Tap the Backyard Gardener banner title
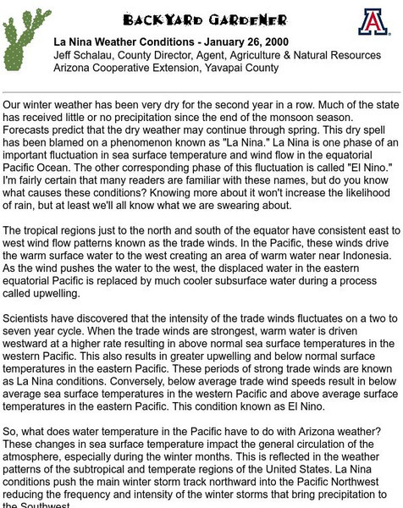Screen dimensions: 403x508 pos(204,19)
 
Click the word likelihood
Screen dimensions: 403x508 pos(360,193)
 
